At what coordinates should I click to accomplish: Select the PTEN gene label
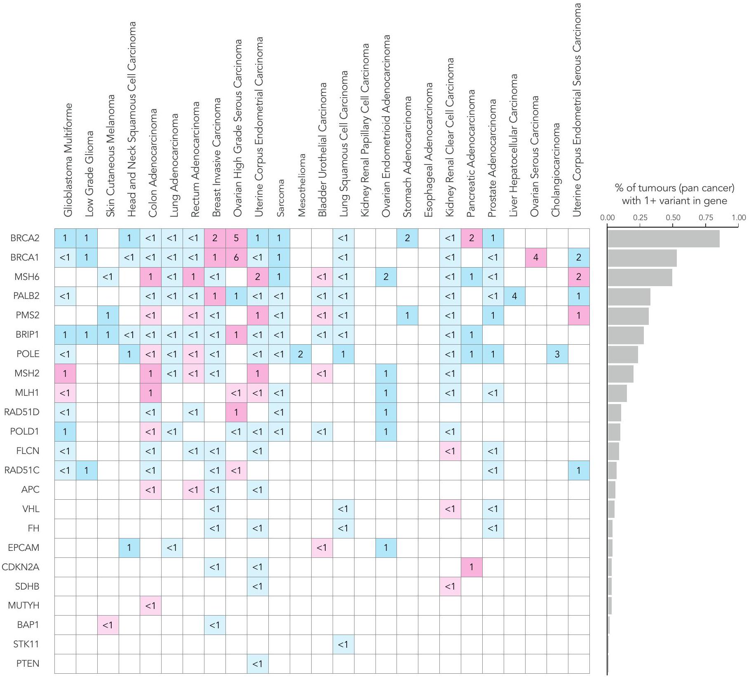(28, 663)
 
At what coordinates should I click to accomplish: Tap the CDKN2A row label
(21, 567)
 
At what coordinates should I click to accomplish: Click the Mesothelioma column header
(301, 185)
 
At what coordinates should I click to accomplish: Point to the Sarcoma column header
(280, 198)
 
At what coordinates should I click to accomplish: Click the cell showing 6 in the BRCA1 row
(236, 258)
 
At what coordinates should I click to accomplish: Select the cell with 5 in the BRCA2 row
(236, 238)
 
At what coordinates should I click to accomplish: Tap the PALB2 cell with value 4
(514, 296)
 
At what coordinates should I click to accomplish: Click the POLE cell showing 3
(557, 354)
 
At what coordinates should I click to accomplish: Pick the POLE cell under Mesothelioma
(300, 354)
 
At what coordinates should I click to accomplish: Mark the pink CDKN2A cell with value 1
(472, 567)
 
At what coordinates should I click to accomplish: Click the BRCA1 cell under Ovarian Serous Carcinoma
(536, 258)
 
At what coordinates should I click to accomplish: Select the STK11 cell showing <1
(343, 644)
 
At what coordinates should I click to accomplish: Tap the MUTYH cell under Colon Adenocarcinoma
(150, 605)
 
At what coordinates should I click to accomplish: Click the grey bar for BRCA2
(663, 239)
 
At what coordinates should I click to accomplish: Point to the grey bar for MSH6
(640, 277)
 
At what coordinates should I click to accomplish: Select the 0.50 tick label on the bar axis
(673, 218)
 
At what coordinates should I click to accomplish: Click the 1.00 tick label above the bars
(739, 218)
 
